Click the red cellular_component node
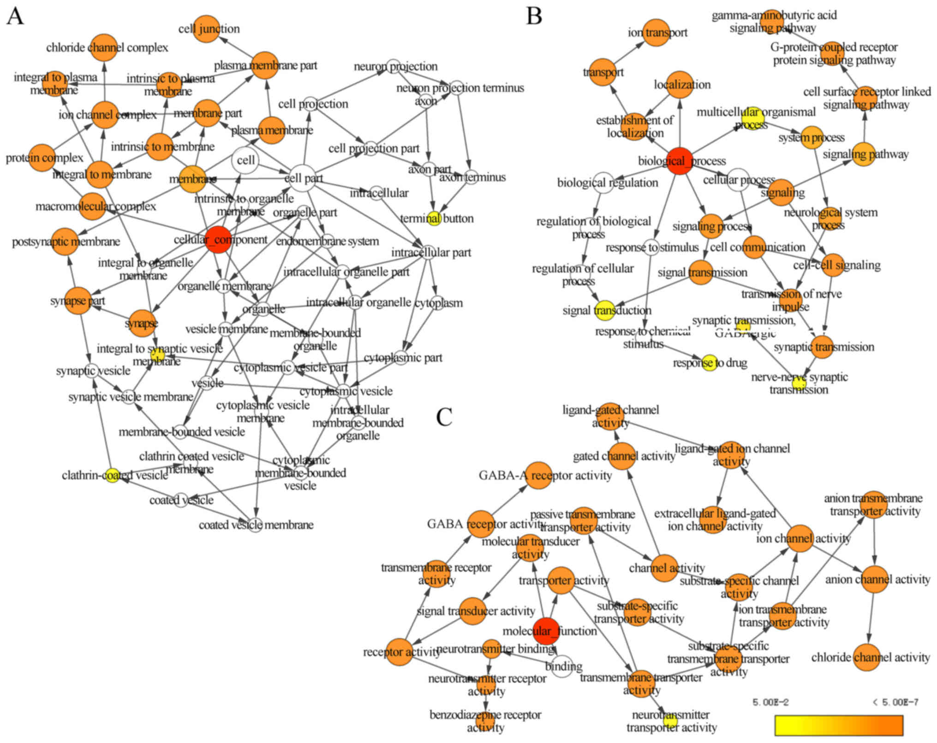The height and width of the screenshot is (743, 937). point(218,240)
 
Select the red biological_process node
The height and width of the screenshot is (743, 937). point(680,161)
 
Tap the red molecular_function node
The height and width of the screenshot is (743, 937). point(546,630)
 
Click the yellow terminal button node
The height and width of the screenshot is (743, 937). point(434,218)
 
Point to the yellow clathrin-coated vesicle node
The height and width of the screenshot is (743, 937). point(112,475)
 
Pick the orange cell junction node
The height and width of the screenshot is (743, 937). point(206,29)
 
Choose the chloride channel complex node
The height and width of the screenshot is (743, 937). point(104,47)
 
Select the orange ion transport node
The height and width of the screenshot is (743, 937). point(656,32)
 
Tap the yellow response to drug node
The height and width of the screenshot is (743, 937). point(709,363)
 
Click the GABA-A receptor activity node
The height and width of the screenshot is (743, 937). point(539,475)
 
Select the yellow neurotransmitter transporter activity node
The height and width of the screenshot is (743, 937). point(670,720)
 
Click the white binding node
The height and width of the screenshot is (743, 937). point(562,666)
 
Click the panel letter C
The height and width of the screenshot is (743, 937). point(444,417)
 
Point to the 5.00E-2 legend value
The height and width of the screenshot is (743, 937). point(770,702)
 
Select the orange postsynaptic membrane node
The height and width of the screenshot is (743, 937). point(66,242)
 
